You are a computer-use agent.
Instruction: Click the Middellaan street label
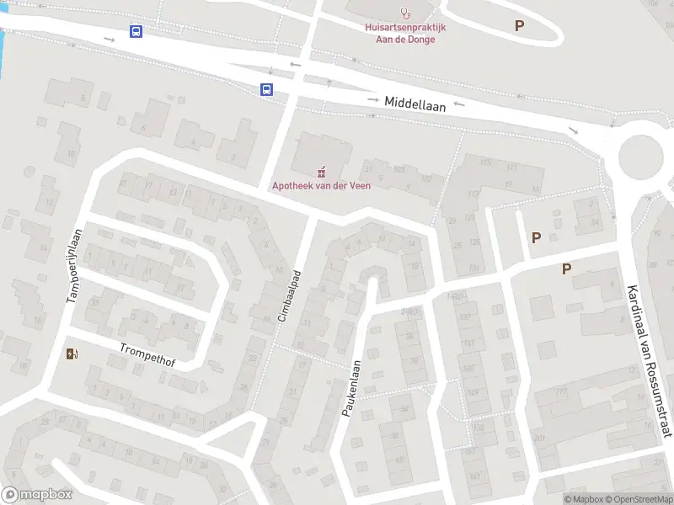(x=414, y=103)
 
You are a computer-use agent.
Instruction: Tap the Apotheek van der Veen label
(x=321, y=185)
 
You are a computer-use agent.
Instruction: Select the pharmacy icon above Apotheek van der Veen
(x=321, y=172)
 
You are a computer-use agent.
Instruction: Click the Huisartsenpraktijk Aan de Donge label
(x=405, y=33)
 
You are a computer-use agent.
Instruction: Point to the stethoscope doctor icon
(x=406, y=13)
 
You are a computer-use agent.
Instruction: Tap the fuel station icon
(x=73, y=353)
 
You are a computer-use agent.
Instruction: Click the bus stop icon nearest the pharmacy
(x=266, y=90)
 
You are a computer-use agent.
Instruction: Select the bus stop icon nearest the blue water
(x=136, y=32)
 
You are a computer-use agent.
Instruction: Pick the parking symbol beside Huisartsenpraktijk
(x=519, y=26)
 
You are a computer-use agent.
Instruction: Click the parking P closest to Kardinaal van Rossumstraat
(x=567, y=269)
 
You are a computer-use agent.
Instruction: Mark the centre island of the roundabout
(x=645, y=157)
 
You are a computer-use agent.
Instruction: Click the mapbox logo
(x=37, y=495)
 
